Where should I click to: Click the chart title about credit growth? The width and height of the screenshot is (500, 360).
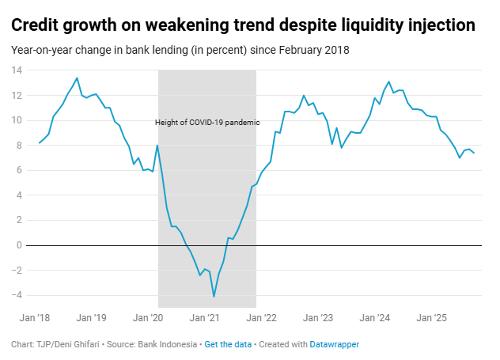(x=244, y=25)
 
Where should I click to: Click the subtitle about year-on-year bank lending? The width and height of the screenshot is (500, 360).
(x=180, y=51)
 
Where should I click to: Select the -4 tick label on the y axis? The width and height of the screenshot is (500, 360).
(x=14, y=295)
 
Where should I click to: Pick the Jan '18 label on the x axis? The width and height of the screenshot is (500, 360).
(x=34, y=317)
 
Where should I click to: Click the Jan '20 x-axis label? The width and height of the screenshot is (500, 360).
(x=148, y=317)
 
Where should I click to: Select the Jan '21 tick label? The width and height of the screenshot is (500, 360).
(x=205, y=317)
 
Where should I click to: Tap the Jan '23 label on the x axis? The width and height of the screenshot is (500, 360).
(x=319, y=317)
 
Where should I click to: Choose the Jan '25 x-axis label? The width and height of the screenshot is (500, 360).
(x=433, y=317)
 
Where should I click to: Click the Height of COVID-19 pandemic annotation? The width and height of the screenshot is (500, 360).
(x=207, y=123)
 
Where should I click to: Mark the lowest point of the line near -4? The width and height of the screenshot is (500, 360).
(x=214, y=297)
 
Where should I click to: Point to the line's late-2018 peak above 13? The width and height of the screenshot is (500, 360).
(x=77, y=78)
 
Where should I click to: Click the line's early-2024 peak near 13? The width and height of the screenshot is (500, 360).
(x=388, y=81)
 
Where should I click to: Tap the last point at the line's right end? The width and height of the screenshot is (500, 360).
(x=474, y=153)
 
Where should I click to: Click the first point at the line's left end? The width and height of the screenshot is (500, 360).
(x=40, y=143)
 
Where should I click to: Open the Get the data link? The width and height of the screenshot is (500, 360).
(x=229, y=345)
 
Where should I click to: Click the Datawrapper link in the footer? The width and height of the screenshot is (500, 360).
(x=336, y=345)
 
